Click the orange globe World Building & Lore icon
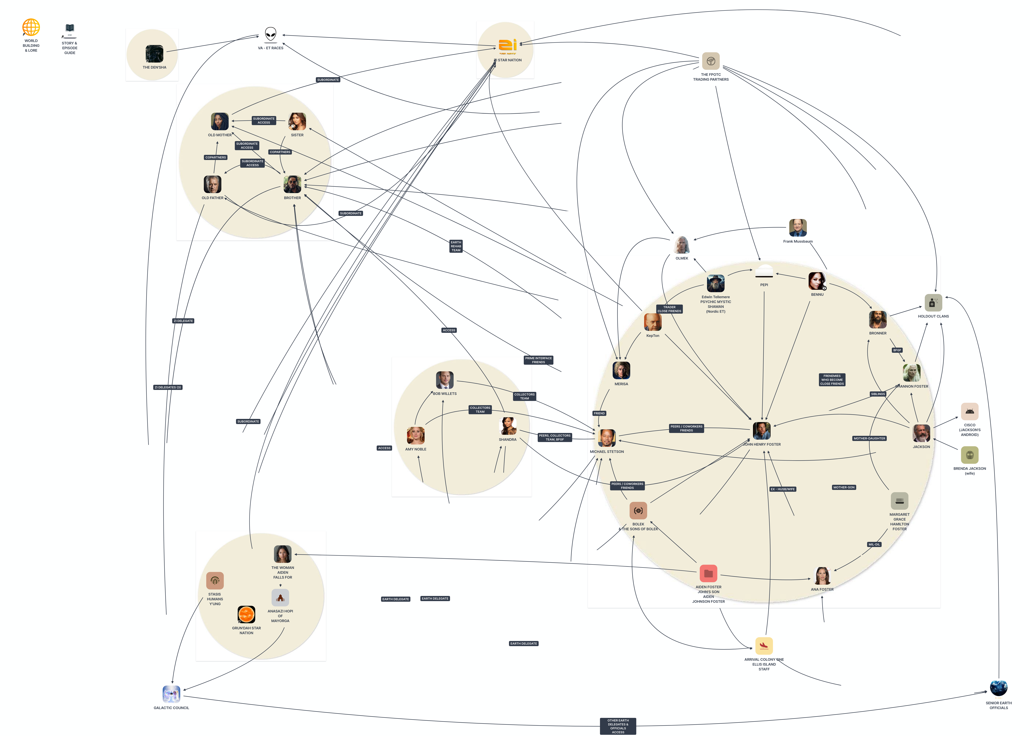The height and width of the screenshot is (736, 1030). click(31, 27)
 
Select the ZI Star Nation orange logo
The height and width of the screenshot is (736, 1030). click(508, 46)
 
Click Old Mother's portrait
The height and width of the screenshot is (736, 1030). click(220, 121)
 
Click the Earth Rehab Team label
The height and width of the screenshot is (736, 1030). click(456, 246)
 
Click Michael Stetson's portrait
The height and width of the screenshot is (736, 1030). click(606, 438)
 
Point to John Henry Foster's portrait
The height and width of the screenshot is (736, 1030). click(761, 431)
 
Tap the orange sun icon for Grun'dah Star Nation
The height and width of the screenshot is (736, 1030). click(246, 615)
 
